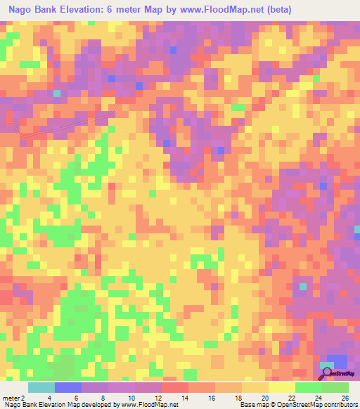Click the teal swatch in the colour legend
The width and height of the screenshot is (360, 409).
click(x=41, y=387)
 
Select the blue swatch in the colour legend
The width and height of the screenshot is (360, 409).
click(x=68, y=387)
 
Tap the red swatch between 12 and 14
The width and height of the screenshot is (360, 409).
click(x=175, y=387)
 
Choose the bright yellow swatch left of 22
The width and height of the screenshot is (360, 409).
click(x=282, y=387)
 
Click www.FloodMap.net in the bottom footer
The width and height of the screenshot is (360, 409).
click(x=148, y=405)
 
